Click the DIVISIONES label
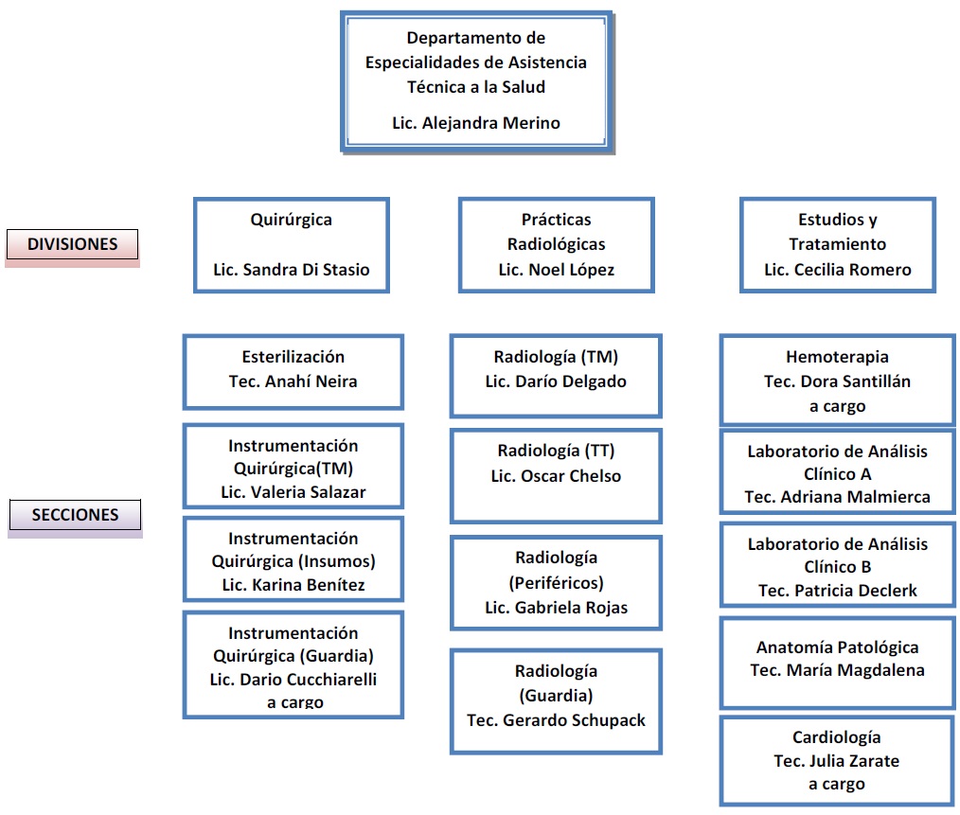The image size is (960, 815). coord(72,244)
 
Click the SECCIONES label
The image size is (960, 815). coord(75,515)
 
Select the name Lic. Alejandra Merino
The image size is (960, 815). coord(476,123)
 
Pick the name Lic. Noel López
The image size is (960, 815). coord(557,270)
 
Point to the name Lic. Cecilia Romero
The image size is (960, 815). coord(838,270)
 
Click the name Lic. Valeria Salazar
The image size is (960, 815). coord(293,491)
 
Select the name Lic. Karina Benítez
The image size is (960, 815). coord(293,585)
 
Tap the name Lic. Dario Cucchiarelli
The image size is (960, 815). coord(293,679)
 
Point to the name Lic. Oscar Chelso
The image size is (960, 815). coord(556,476)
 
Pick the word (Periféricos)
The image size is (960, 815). coord(556,582)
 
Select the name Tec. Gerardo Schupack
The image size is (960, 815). coord(556,720)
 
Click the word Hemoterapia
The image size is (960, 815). coord(838,356)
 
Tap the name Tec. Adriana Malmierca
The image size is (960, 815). coord(838,497)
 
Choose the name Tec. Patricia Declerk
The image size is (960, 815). coord(838,591)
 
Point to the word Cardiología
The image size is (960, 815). coord(837,737)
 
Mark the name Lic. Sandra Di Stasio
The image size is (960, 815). coord(292,270)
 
